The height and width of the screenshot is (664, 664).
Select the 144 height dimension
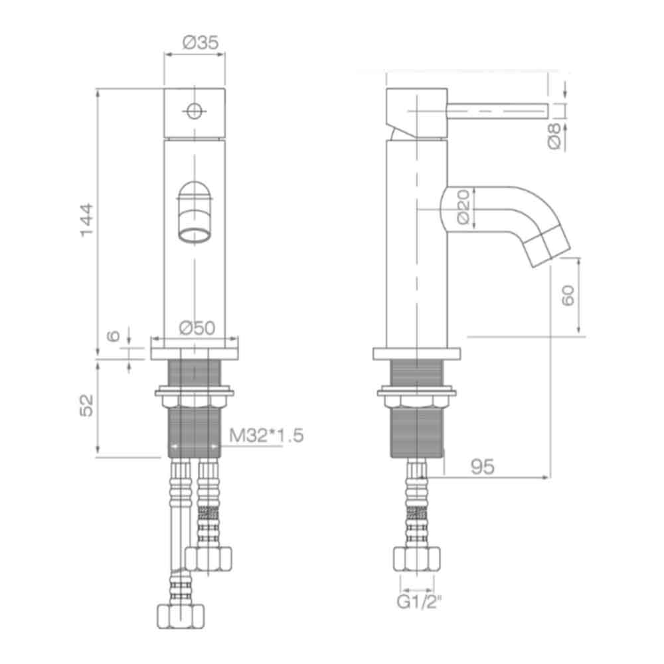coord(87,220)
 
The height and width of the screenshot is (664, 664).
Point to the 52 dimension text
coord(87,406)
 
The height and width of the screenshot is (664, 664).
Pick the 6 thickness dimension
coord(114,336)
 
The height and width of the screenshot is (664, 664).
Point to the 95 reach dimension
coord(483,467)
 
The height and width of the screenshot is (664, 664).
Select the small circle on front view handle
coord(194,111)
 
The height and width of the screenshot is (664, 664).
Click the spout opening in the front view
coord(195,234)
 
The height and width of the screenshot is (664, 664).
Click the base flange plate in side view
coord(416,353)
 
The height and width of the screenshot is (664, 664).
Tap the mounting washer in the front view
coord(195,392)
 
